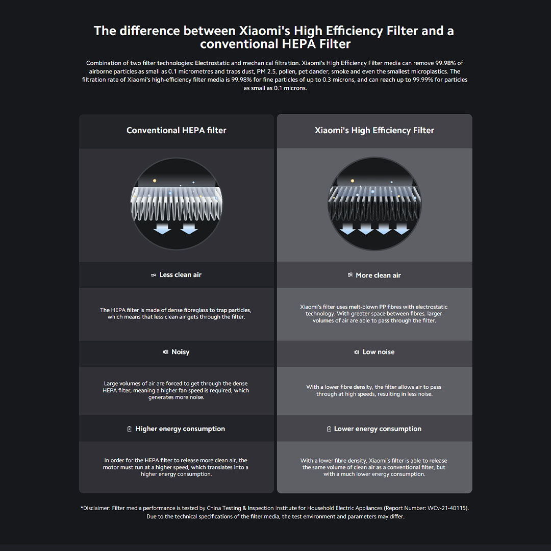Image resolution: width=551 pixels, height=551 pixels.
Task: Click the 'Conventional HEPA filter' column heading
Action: pyautogui.click(x=177, y=131)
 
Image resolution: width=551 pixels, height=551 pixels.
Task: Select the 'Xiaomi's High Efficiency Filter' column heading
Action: pyautogui.click(x=374, y=131)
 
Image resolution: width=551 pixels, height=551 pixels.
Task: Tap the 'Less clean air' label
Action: pyautogui.click(x=180, y=275)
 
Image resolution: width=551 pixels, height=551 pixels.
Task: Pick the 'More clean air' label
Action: pyautogui.click(x=378, y=275)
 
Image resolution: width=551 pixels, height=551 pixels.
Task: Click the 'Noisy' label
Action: pyautogui.click(x=180, y=352)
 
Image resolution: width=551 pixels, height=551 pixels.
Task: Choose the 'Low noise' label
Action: pyautogui.click(x=379, y=352)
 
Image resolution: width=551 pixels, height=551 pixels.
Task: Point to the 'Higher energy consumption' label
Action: pyautogui.click(x=180, y=429)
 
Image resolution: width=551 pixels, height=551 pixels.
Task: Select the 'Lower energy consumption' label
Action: pyautogui.click(x=378, y=429)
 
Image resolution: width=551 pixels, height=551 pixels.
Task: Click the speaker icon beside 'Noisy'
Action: pyautogui.click(x=166, y=352)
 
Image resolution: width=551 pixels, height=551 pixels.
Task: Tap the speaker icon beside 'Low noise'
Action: pyautogui.click(x=357, y=352)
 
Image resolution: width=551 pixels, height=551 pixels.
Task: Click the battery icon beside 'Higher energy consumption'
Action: pyautogui.click(x=130, y=429)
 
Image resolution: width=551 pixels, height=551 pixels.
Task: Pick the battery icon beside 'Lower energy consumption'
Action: pyautogui.click(x=329, y=429)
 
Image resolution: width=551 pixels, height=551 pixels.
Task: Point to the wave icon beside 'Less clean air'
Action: pyautogui.click(x=154, y=275)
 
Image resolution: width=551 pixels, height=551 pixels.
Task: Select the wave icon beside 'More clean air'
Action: pyautogui.click(x=350, y=275)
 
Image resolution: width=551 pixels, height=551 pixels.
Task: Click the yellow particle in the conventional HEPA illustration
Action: pyautogui.click(x=154, y=181)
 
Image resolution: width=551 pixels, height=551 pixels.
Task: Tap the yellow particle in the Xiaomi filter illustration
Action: pyautogui.click(x=353, y=181)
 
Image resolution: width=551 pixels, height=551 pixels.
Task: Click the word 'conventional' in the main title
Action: pyautogui.click(x=239, y=44)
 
